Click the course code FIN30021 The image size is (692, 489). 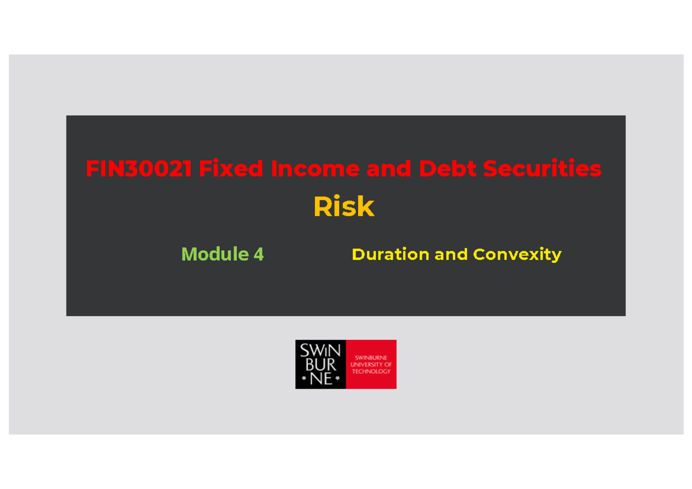(x=139, y=169)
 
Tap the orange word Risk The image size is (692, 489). (x=344, y=207)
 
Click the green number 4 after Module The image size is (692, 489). (x=258, y=254)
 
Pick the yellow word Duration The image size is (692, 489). (x=390, y=254)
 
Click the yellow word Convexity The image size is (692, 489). (x=517, y=254)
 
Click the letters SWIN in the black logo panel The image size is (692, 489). (x=320, y=351)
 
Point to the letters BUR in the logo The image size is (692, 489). (x=321, y=364)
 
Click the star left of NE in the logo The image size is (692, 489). (x=304, y=379)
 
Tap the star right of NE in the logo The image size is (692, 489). (x=337, y=379)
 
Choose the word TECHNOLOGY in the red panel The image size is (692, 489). (x=371, y=371)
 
